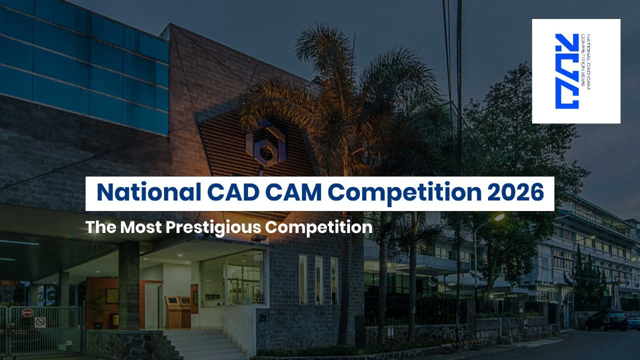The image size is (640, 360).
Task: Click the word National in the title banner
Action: click(x=149, y=192)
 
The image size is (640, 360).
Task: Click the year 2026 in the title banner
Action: click(x=515, y=192)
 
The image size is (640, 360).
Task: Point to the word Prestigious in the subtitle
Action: click(x=213, y=228)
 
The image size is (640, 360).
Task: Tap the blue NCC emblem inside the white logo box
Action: click(x=567, y=71)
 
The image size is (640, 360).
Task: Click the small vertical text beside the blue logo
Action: click(x=585, y=61)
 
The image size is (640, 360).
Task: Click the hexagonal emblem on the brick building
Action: click(x=265, y=145)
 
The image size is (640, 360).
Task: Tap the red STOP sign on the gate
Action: click(x=27, y=312)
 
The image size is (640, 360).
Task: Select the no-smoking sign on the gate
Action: click(x=40, y=322)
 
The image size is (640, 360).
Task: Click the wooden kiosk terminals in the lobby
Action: click(x=178, y=312)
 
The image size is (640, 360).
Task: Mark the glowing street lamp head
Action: click(x=499, y=217)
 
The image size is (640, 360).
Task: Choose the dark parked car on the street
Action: click(x=605, y=321)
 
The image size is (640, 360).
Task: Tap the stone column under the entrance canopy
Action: click(x=129, y=285)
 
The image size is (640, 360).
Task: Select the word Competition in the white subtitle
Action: click(x=319, y=228)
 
